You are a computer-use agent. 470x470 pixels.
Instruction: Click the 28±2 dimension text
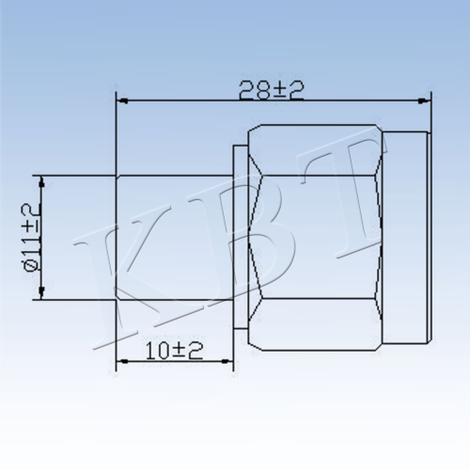click(272, 90)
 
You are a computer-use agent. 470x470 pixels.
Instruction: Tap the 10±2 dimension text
click(174, 351)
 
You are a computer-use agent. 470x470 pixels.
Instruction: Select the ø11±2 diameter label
click(32, 237)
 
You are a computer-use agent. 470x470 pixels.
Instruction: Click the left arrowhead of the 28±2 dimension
click(122, 101)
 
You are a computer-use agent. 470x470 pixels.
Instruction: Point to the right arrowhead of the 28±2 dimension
click(424, 101)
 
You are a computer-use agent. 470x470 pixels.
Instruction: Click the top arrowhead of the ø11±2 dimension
click(41, 182)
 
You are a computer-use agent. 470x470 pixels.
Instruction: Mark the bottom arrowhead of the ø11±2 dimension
click(41, 293)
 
